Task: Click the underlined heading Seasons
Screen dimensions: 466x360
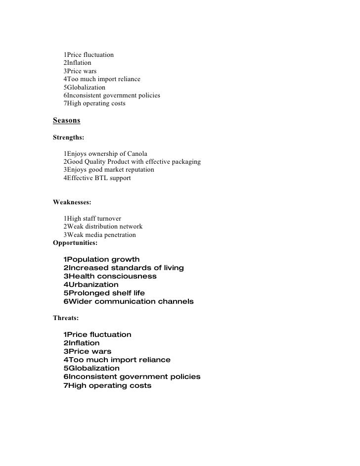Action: click(66, 121)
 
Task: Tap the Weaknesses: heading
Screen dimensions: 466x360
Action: click(72, 202)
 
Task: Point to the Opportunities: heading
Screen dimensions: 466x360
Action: click(75, 243)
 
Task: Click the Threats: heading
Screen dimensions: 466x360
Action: click(66, 318)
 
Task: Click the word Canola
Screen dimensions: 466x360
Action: click(135, 153)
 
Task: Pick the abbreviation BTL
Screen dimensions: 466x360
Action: click(105, 178)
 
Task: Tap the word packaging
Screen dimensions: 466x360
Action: click(184, 161)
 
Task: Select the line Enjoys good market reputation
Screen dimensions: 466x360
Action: click(108, 170)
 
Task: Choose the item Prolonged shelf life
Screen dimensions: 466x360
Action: click(104, 293)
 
